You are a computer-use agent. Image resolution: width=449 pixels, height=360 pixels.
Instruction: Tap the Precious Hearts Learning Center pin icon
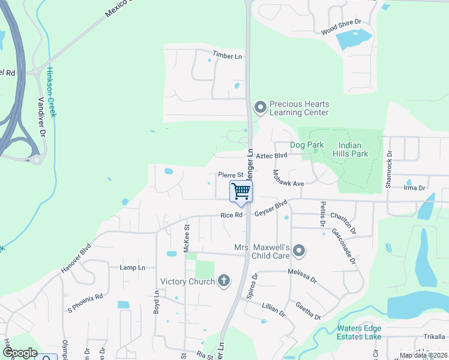tap(260, 107)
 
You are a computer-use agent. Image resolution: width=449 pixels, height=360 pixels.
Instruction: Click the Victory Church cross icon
tap(224, 280)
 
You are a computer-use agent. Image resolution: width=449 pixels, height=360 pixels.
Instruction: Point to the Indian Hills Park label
tap(353, 149)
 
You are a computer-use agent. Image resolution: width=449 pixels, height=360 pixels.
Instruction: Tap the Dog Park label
tap(306, 145)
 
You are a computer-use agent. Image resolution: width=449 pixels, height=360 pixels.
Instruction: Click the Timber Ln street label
tap(227, 56)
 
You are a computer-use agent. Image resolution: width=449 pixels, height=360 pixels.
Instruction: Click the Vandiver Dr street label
tap(43, 117)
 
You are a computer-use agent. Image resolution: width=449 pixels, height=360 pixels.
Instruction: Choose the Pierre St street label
tap(229, 175)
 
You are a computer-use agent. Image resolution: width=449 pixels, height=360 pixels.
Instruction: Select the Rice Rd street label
tap(231, 215)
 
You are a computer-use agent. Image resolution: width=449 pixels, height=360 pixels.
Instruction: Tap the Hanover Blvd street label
tap(76, 259)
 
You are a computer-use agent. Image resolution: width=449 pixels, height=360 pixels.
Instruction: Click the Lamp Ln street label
tap(132, 268)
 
